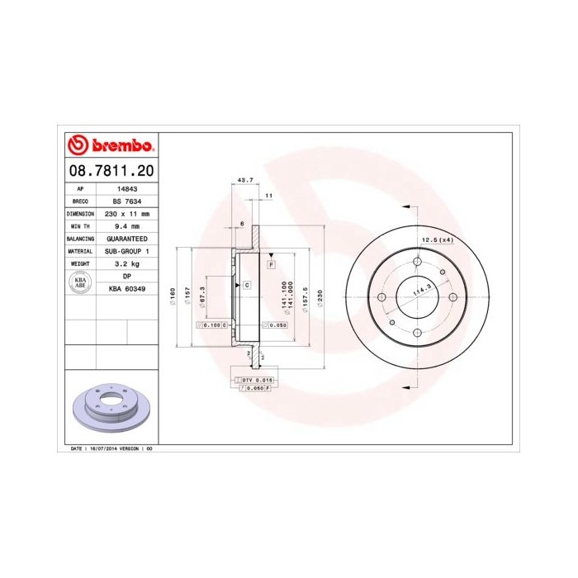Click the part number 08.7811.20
click(110, 171)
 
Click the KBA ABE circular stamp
click(81, 282)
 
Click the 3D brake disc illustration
click(110, 405)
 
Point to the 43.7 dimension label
click(244, 179)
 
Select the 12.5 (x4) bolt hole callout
click(438, 239)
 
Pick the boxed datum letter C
click(246, 285)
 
